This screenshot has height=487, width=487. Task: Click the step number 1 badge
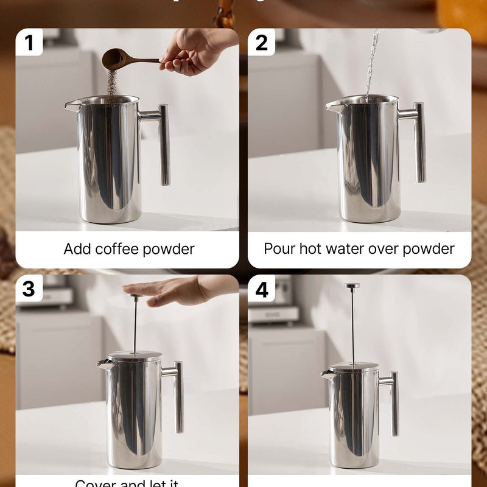click(29, 43)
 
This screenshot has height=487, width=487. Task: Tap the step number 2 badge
click(262, 43)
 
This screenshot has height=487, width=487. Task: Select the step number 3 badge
click(29, 289)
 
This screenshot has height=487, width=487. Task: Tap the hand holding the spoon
click(192, 50)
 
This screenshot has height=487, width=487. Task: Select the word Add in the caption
click(76, 249)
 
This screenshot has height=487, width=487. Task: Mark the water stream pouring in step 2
click(371, 61)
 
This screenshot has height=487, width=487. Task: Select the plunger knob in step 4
click(352, 285)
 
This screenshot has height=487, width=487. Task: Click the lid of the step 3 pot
click(135, 357)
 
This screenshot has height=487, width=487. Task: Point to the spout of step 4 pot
click(328, 373)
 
